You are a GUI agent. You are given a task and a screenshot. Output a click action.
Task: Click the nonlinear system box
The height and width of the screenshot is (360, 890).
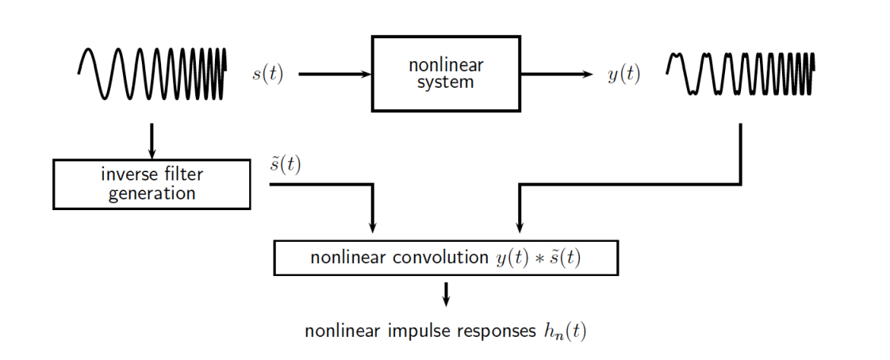point(446,73)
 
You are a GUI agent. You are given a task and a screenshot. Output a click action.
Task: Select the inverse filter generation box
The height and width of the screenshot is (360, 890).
point(152,184)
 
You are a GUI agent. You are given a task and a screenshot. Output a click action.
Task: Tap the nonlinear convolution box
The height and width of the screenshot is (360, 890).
point(445,258)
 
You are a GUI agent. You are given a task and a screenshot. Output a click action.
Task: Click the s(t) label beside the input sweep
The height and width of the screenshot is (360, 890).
point(267,75)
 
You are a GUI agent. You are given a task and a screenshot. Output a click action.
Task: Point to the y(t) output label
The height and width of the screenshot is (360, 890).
point(623,75)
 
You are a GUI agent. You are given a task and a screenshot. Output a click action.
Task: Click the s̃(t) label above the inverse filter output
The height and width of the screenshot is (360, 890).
point(286,164)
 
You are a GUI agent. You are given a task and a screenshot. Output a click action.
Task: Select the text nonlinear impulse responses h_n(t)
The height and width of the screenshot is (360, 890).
point(445,331)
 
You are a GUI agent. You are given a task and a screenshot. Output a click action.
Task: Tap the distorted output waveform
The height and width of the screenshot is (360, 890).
point(739,73)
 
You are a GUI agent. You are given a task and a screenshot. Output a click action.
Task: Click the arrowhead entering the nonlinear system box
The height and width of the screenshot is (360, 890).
point(366,75)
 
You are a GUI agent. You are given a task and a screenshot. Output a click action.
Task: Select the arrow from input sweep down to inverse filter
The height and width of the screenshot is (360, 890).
point(152,140)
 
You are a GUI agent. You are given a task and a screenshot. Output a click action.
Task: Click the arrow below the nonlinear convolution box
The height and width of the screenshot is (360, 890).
point(446,294)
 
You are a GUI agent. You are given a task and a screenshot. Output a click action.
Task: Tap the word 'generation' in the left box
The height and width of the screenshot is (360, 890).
point(152,193)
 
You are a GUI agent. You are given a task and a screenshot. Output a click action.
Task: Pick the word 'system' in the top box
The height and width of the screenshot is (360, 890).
point(446,82)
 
